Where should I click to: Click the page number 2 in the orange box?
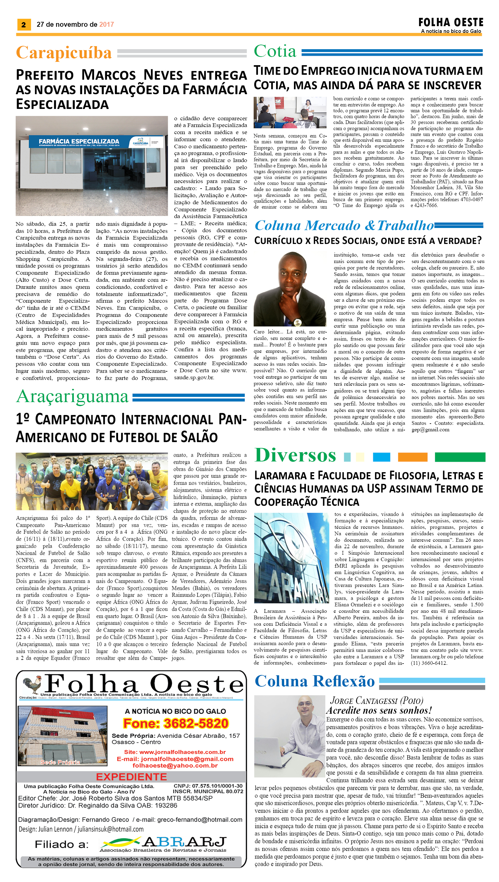(x=24, y=24)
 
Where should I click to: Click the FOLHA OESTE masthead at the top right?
(x=451, y=23)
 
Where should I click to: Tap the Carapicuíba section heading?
(x=64, y=53)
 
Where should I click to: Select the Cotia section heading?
(x=275, y=51)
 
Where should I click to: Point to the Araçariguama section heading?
(x=72, y=397)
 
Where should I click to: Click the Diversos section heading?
(x=295, y=455)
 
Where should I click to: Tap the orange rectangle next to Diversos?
(x=412, y=457)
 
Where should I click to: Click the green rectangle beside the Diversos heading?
(x=460, y=457)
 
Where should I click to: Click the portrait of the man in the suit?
(x=290, y=289)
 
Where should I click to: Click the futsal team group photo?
(x=92, y=481)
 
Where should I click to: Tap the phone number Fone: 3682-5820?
(x=176, y=723)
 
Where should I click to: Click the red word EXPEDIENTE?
(x=131, y=777)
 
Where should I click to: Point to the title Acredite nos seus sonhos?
(x=379, y=711)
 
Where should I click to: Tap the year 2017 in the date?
(x=106, y=24)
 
